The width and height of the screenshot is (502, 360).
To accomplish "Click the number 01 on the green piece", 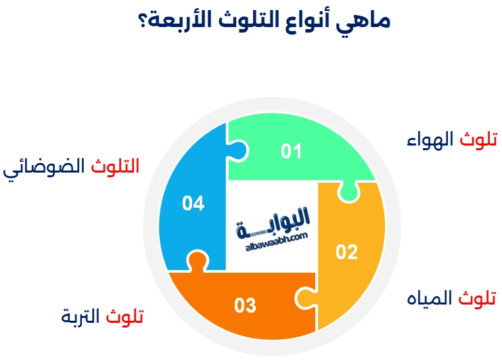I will [292, 151].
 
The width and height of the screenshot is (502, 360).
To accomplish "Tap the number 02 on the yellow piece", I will [346, 252].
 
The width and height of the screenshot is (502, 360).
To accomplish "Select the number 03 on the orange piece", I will [245, 306].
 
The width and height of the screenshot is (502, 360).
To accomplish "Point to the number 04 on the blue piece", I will [193, 204].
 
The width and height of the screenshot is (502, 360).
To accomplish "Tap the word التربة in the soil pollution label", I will [81, 317].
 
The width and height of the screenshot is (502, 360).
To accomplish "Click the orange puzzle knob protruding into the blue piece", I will [196, 260].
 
